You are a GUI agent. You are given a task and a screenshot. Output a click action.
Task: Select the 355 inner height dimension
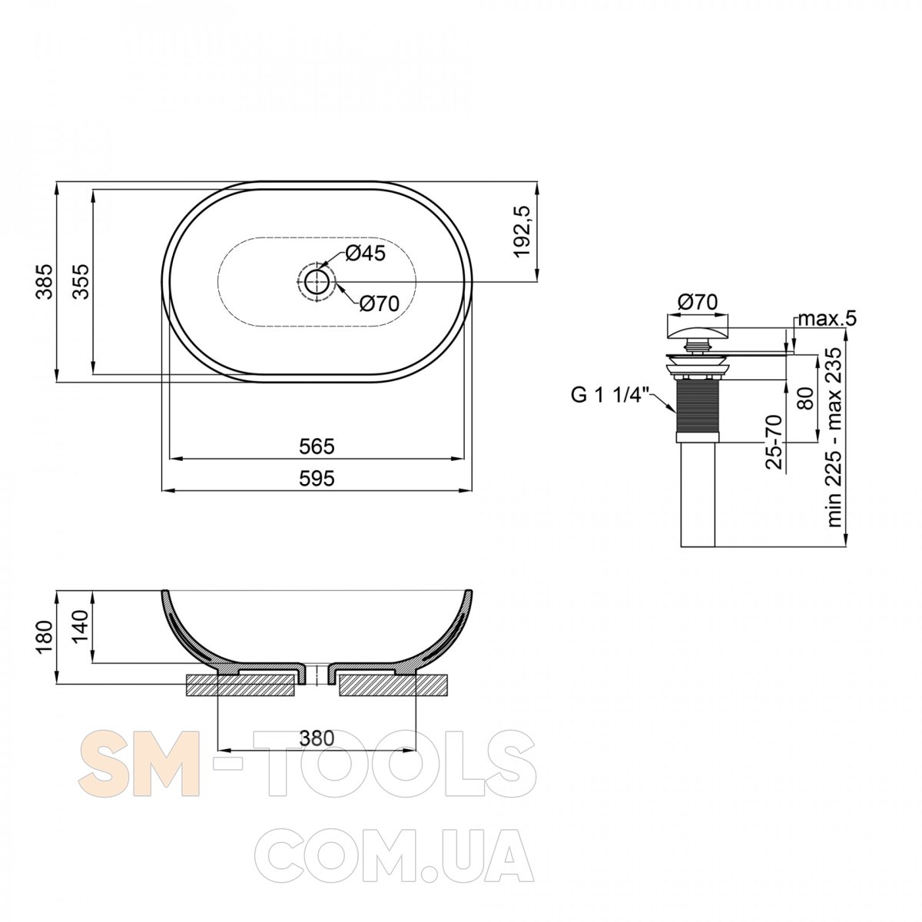[81, 281]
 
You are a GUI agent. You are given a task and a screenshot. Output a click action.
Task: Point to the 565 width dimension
[317, 446]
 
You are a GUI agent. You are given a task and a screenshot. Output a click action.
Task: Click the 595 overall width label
[317, 478]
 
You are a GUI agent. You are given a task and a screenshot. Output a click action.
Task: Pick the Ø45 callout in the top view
[365, 254]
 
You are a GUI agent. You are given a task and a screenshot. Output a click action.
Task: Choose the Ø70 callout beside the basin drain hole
[378, 303]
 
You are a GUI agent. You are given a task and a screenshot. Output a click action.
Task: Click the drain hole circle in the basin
[317, 281]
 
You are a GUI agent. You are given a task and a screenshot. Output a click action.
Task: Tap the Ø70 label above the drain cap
[698, 302]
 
